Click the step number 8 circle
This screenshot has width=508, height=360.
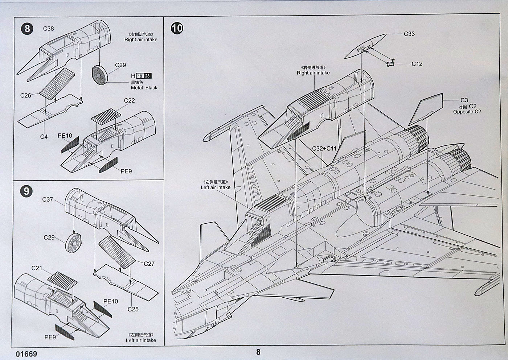tap(27, 28)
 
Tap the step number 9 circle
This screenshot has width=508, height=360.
tap(26, 191)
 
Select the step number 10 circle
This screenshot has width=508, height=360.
tap(177, 28)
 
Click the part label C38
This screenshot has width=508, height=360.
tap(49, 29)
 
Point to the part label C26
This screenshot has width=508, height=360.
tap(26, 95)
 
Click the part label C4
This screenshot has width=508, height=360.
tap(44, 137)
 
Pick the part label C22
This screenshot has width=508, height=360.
tap(130, 100)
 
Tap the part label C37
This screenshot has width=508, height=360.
tap(48, 199)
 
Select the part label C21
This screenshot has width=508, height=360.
tap(37, 268)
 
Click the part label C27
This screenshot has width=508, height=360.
tap(149, 264)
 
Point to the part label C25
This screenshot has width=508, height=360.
tap(133, 309)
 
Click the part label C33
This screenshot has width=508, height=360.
tap(409, 34)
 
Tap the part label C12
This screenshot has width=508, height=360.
tap(417, 64)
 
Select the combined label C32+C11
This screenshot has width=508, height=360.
tap(324, 148)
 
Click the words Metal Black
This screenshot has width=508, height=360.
tap(144, 88)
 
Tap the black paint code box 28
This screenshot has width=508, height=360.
tap(148, 76)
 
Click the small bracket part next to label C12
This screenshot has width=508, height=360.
tap(390, 63)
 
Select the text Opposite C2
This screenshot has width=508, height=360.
tap(467, 112)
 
